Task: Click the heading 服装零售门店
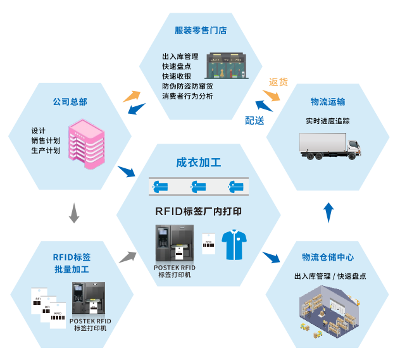tap(201, 30)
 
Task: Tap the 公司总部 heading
tap(70, 101)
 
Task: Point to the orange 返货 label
tap(278, 82)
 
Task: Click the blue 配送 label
tap(254, 120)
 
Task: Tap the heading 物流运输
tap(328, 101)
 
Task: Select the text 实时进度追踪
tap(328, 120)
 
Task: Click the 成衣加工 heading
tap(199, 163)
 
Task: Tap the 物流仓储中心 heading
tap(328, 258)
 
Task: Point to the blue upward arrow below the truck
tap(328, 213)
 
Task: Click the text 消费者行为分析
tap(188, 96)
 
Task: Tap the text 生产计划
tap(46, 151)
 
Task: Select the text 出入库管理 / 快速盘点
tap(330, 276)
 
